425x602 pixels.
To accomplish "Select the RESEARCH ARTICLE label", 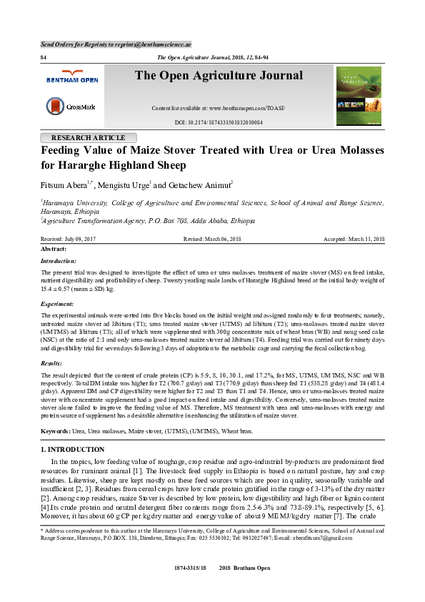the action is (89, 138).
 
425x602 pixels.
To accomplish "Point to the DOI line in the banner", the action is (219, 123).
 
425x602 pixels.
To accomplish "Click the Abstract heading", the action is (54, 248).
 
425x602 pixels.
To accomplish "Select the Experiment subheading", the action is (58, 303).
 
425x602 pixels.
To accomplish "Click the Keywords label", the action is (55, 430).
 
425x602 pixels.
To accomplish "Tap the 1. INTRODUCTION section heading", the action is (72, 450).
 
